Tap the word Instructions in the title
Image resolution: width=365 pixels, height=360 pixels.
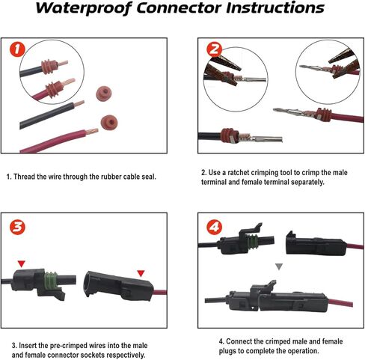click(x=275, y=7)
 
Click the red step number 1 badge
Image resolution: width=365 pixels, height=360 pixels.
click(x=17, y=49)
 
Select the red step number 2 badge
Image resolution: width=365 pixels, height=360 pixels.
click(x=214, y=49)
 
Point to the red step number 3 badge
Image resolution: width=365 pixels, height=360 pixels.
click(x=17, y=227)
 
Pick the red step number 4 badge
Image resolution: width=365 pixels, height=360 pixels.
click(x=214, y=227)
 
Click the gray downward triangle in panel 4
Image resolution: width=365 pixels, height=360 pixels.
click(x=279, y=266)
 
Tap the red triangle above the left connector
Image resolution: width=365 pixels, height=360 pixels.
click(x=22, y=263)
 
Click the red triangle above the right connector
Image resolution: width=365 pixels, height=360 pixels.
click(x=141, y=273)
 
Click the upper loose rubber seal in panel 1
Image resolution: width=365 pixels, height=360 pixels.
click(x=103, y=93)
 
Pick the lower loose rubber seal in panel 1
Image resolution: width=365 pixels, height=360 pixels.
click(x=109, y=123)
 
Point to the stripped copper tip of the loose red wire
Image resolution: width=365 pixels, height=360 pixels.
click(x=91, y=132)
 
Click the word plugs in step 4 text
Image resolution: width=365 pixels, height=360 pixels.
click(x=227, y=351)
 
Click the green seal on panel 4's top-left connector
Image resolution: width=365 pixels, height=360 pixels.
click(x=252, y=241)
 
